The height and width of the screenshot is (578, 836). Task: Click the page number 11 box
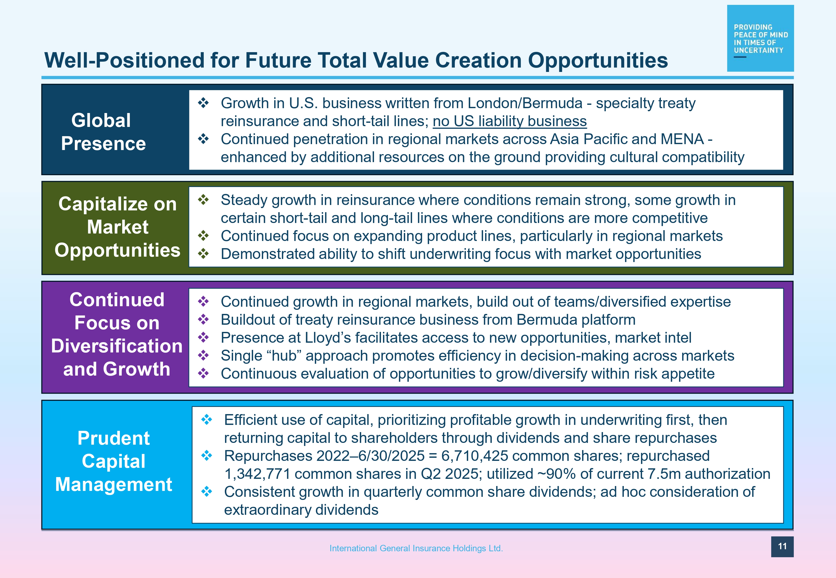point(782,546)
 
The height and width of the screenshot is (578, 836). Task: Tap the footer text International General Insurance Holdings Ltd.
point(416,548)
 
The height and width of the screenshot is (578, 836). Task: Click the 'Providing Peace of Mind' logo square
point(760,38)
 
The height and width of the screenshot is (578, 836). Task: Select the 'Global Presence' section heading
point(103,132)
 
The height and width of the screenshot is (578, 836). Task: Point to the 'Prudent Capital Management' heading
point(113,461)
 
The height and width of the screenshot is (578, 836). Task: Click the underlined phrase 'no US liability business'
point(510,121)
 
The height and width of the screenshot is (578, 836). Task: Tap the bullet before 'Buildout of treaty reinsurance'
point(203,319)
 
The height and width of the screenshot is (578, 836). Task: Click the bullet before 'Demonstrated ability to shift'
point(203,254)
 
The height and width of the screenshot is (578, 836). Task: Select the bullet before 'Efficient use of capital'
point(207,419)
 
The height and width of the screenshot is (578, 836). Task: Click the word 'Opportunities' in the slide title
point(598,60)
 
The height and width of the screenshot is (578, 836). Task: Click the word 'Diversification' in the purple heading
point(117,346)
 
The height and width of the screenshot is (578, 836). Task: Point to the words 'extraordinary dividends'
point(301,510)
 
